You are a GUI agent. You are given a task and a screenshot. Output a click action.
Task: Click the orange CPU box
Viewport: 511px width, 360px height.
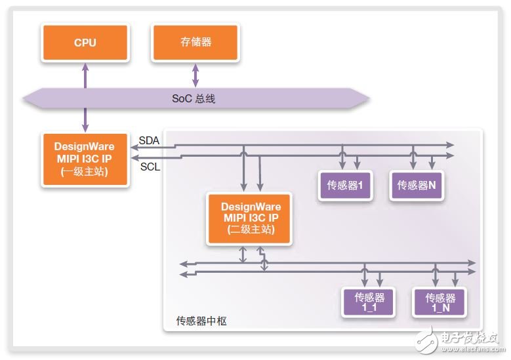(x=85, y=43)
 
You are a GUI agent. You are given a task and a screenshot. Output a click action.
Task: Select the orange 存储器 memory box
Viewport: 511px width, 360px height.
(x=195, y=43)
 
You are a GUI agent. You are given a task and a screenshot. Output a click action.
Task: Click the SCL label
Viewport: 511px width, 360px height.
(x=150, y=167)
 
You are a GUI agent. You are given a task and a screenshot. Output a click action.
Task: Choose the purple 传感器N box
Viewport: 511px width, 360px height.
(x=417, y=186)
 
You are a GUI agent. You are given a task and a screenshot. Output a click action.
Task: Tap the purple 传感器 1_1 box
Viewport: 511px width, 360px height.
(x=369, y=302)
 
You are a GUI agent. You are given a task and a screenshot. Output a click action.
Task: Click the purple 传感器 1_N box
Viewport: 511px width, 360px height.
(x=439, y=302)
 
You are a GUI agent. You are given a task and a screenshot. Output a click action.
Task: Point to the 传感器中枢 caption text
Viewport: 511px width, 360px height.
(x=202, y=321)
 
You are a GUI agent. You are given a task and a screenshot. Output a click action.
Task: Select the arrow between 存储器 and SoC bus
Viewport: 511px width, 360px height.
(x=195, y=75)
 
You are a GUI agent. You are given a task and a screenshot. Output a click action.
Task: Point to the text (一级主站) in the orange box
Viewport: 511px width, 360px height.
(x=85, y=173)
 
